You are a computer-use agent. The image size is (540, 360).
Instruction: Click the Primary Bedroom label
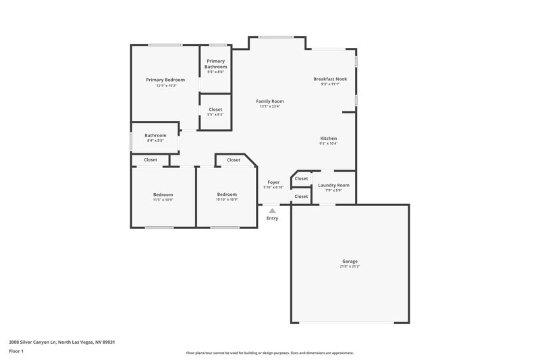pos(165,80)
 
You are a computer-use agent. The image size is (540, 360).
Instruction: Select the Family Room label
pos(269,101)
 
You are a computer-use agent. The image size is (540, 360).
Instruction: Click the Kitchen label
pos(328,138)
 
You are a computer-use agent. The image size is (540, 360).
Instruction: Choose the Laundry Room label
pos(333,184)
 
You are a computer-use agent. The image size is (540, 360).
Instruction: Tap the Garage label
pos(350,261)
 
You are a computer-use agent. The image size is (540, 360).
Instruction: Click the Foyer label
pos(273,182)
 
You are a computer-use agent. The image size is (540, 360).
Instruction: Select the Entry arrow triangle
pos(272,211)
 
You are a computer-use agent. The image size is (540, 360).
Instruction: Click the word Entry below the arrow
pos(272,218)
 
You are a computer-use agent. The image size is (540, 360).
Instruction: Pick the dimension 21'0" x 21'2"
pos(350,267)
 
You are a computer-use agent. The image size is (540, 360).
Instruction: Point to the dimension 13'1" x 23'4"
pos(269,107)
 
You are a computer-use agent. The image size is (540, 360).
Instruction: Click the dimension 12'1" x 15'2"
pos(165,86)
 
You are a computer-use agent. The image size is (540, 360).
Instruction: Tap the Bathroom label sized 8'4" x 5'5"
pos(155,134)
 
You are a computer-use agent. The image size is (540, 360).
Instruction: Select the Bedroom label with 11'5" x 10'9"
pos(163,195)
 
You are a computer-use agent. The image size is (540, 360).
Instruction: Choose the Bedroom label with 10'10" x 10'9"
pos(227,195)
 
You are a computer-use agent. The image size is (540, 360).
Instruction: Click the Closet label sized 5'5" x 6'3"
pos(215,109)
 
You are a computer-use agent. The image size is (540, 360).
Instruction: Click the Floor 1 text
pos(16,352)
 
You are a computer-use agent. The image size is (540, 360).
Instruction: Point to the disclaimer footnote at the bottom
pos(269,353)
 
